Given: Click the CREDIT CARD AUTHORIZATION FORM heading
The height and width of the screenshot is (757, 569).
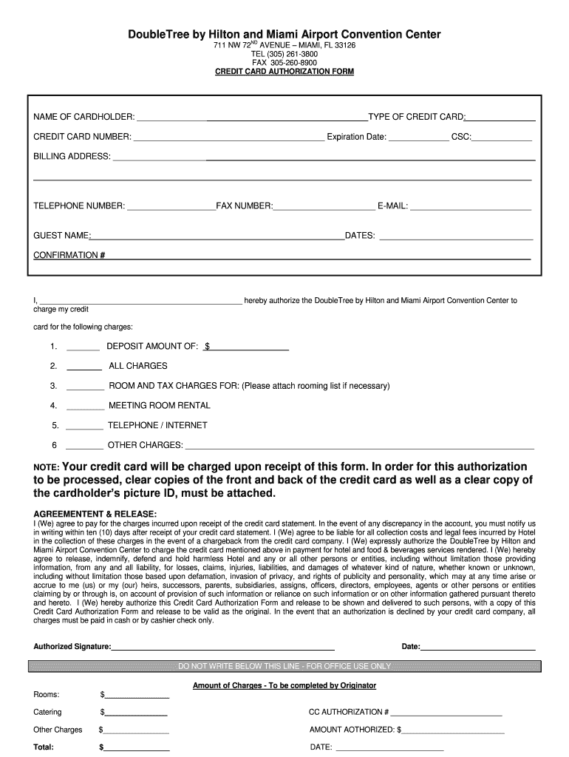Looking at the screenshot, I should [x=284, y=72].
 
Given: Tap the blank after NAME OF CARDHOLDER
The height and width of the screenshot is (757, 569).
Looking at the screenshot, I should [x=252, y=118].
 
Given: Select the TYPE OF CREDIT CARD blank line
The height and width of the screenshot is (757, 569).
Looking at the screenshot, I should [x=500, y=118].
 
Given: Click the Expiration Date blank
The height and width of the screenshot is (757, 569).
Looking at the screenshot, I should [x=418, y=138].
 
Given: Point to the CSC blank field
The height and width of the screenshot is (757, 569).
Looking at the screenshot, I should [x=502, y=138].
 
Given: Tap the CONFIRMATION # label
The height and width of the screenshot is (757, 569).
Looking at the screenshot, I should [x=69, y=255].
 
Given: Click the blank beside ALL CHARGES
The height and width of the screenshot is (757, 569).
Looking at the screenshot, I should [x=84, y=367].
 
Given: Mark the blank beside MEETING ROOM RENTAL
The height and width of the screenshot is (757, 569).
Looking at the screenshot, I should [x=85, y=407].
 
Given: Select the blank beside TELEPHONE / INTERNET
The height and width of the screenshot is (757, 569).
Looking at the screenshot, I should [x=85, y=427].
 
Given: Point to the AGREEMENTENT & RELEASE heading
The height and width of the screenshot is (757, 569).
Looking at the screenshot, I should [x=95, y=514].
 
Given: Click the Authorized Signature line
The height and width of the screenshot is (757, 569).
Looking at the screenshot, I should [x=222, y=648].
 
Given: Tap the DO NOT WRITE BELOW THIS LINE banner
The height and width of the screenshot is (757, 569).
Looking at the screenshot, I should [x=284, y=666].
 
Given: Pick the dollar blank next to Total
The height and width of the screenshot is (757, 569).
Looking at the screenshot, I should [x=137, y=748].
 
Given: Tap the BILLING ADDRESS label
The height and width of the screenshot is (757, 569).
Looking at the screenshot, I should [x=72, y=157].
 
